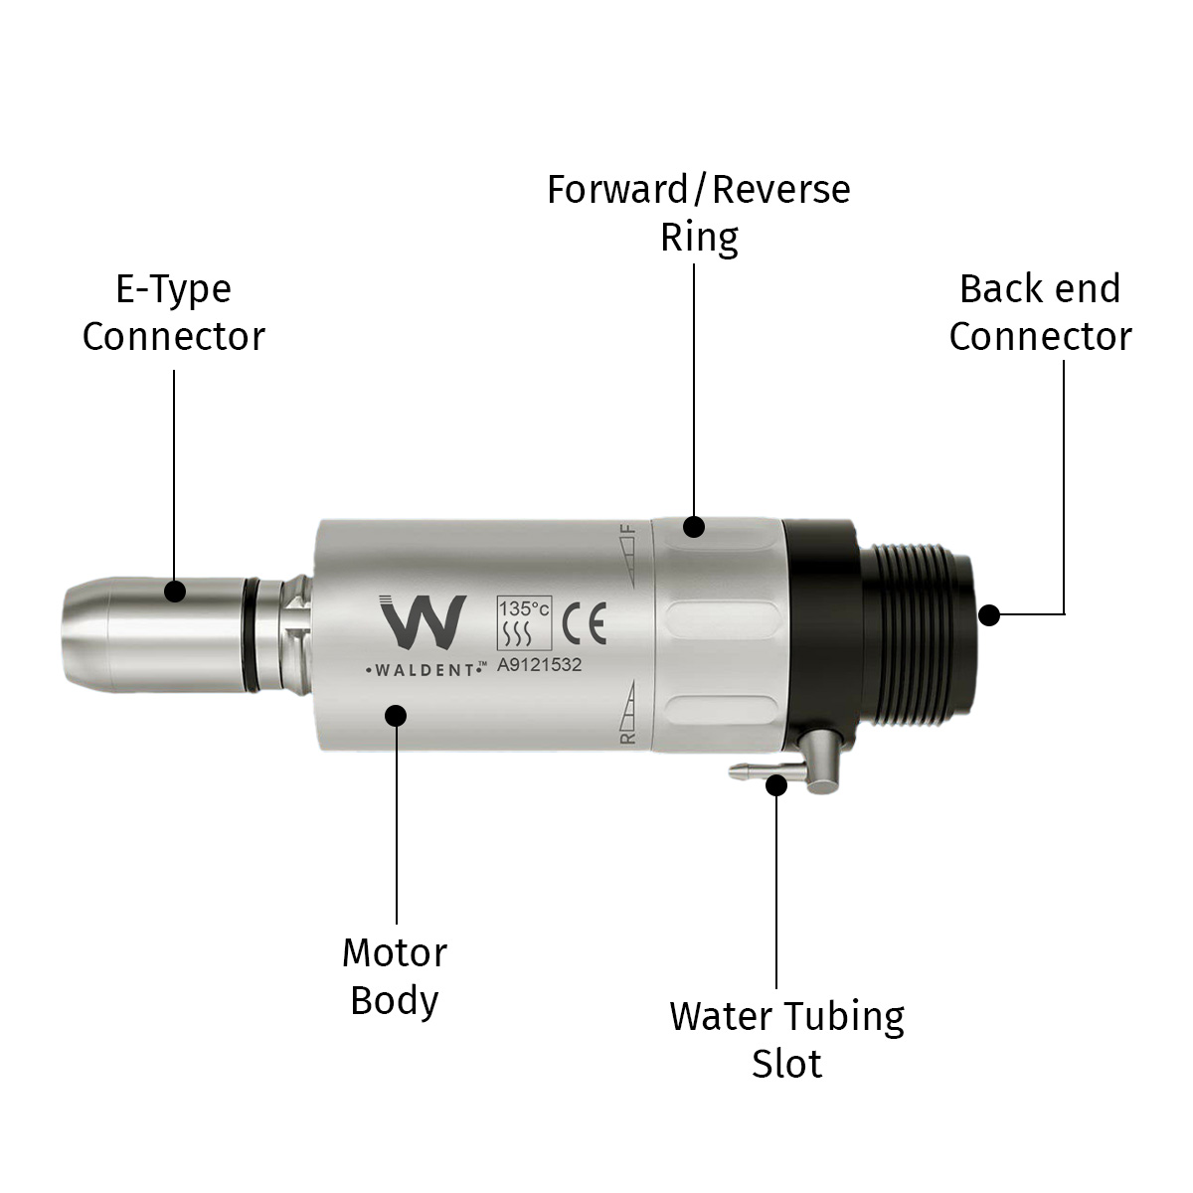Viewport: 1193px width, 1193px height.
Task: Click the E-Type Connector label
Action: point(173,312)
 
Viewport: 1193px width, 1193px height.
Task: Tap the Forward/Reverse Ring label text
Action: point(699,213)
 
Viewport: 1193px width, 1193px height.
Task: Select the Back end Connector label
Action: point(1040,312)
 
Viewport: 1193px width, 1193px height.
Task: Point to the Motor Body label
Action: point(395,976)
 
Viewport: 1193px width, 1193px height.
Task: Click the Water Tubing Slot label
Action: point(786,1039)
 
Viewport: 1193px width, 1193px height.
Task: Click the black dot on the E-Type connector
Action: point(175,592)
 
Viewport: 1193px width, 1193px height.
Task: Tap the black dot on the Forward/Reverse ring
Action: point(694,526)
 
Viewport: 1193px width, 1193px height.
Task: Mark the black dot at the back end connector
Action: point(988,614)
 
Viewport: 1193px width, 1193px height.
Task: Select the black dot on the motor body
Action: point(396,715)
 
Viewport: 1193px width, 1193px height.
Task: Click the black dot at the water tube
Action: point(776,785)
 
